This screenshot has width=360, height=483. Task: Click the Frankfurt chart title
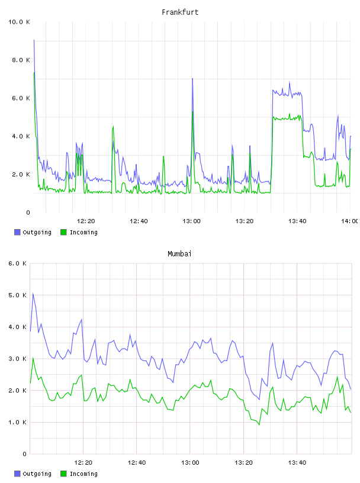[x=180, y=12]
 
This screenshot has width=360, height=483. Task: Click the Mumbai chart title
[x=179, y=254]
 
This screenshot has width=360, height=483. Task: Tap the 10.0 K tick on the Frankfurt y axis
[x=19, y=22]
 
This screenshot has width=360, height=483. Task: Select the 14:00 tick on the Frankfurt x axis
[x=349, y=221]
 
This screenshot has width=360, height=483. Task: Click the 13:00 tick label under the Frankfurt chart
[x=191, y=221]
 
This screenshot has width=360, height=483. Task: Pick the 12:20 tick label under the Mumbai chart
[x=83, y=463]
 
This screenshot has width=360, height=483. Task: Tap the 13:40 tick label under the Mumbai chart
[x=297, y=463]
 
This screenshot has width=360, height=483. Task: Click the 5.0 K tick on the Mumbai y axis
[x=18, y=295]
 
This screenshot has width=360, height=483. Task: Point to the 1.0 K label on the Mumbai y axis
[x=18, y=422]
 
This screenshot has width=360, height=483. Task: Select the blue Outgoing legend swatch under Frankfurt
[x=17, y=232]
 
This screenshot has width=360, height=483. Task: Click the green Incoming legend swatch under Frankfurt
[x=63, y=232]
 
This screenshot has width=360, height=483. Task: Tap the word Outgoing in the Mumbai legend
[x=37, y=474]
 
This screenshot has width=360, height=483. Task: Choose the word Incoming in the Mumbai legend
[x=83, y=474]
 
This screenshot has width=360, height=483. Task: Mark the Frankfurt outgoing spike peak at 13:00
[x=192, y=79]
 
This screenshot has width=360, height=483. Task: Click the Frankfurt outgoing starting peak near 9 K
[x=34, y=40]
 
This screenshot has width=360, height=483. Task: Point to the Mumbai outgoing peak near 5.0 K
[x=33, y=294]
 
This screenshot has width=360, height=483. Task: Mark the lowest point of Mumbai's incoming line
[x=259, y=425]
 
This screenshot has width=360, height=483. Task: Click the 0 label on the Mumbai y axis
[x=25, y=454]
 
